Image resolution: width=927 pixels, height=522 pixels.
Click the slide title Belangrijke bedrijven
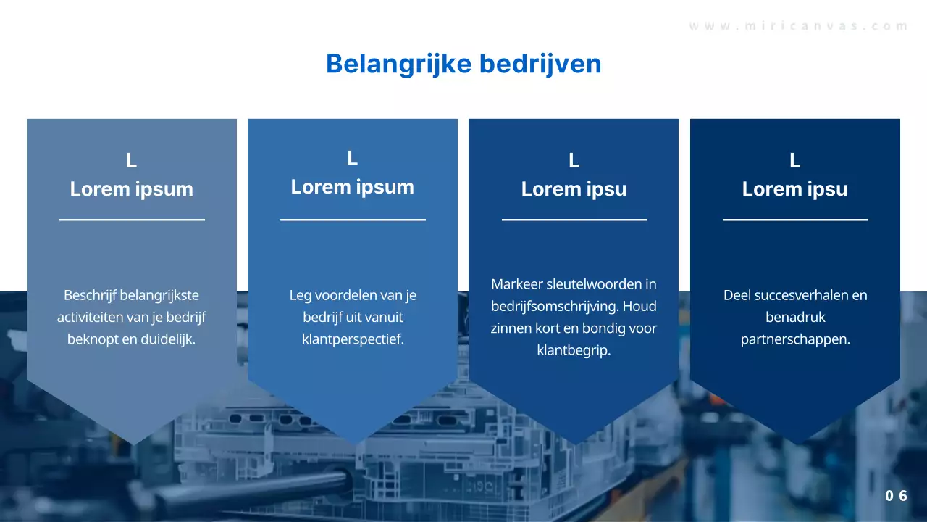tap(463, 64)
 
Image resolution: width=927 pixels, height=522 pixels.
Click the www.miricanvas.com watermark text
tap(798, 26)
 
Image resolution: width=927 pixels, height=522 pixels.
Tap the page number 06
tap(896, 496)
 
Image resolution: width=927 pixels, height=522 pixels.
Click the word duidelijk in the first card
tap(169, 339)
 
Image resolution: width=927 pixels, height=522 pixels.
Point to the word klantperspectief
tap(353, 339)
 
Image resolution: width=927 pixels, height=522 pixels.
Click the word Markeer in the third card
tap(516, 283)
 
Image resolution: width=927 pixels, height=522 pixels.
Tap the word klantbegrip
tap(574, 350)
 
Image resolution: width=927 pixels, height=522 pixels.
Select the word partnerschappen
tap(795, 339)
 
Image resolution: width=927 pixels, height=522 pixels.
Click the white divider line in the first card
tap(132, 219)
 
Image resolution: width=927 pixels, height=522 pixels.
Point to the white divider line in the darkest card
tap(795, 219)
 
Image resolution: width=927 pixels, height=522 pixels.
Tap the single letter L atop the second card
tap(353, 159)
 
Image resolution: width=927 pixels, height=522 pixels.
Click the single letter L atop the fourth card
tap(794, 161)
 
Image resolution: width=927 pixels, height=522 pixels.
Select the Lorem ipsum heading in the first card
tap(132, 189)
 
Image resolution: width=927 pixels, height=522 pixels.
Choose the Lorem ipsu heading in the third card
tap(574, 189)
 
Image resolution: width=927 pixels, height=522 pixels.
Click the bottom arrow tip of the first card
tap(133, 439)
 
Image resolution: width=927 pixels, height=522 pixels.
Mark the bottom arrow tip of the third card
tap(574, 439)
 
